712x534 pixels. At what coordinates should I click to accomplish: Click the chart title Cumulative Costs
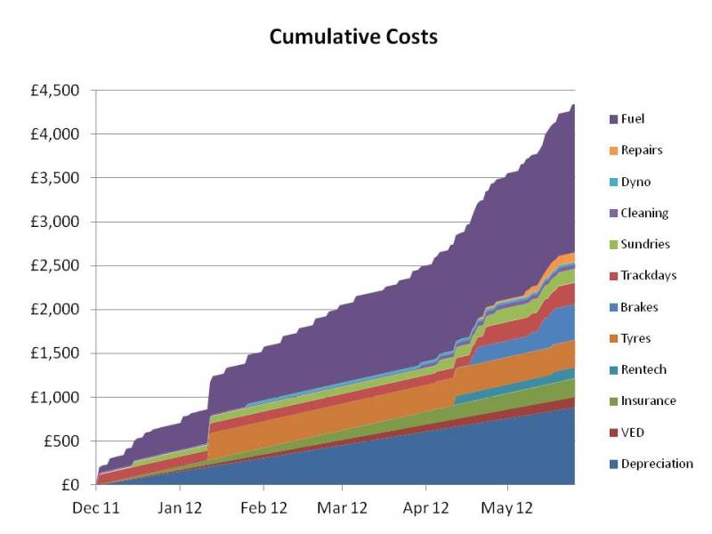pos(354,37)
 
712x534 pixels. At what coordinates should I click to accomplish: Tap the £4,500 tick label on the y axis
pos(55,91)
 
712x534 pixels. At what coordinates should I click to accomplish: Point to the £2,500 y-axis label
pos(55,266)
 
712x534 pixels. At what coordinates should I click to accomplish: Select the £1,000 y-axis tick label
pos(55,397)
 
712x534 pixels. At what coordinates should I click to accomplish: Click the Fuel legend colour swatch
pos(613,119)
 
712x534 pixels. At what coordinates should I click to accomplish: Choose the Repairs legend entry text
pos(641,150)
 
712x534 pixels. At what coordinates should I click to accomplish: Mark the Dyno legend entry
pos(635,182)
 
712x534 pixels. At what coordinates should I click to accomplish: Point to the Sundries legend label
pos(645,244)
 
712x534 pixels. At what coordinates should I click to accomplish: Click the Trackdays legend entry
pos(649,275)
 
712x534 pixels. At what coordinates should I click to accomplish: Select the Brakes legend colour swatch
pos(613,307)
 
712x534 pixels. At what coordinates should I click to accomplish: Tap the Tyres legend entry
pos(635,338)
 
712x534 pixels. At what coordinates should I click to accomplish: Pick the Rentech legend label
pos(643,369)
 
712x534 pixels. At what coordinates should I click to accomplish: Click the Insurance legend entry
pos(648,400)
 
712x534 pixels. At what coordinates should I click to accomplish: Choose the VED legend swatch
pos(613,433)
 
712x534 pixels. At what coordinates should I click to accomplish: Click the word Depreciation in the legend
pos(657,464)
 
